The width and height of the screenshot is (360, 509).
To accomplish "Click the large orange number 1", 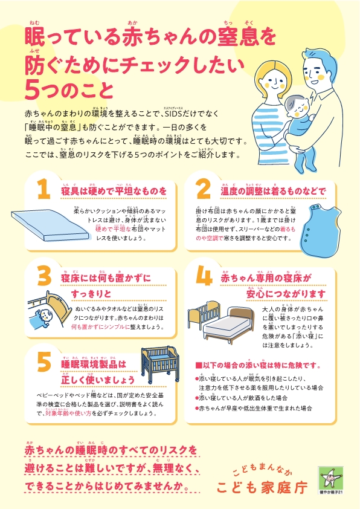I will [43, 190].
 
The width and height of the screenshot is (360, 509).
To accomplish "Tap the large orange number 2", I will [203, 190].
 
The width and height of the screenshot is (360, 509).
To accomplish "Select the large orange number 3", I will [43, 277].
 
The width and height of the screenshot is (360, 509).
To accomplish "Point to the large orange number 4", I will [204, 277].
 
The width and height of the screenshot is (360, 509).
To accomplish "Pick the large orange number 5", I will [43, 362].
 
